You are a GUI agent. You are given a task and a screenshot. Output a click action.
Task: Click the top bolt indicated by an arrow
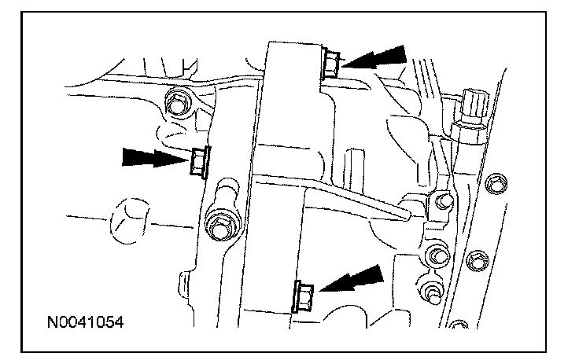tap(331, 62)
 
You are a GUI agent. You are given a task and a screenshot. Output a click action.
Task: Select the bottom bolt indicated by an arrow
tap(303, 296)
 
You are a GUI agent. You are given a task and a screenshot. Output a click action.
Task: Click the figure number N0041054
tap(85, 322)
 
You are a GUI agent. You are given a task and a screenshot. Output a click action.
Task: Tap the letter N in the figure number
tap(51, 322)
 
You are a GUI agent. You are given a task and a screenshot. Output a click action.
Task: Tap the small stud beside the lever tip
tap(439, 202)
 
